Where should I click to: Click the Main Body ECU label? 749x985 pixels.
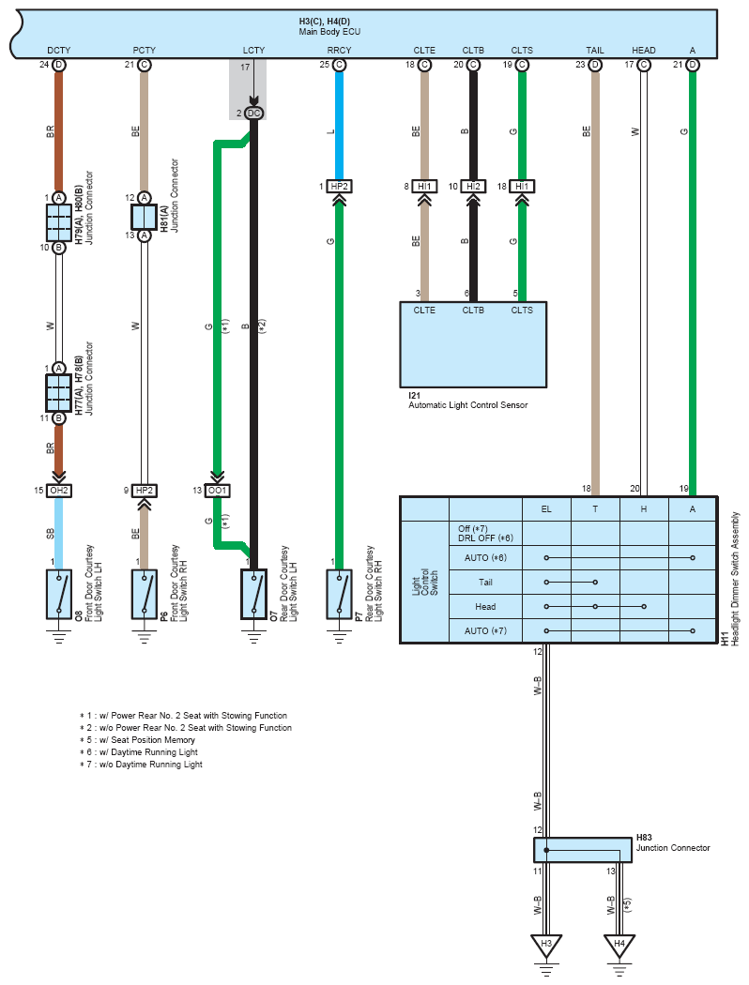click(329, 31)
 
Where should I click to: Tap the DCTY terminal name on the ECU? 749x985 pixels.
click(58, 51)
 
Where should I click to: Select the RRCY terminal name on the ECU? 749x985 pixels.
click(340, 51)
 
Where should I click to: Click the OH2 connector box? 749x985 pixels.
click(58, 490)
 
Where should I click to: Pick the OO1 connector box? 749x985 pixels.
click(218, 490)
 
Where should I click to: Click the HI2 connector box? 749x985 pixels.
click(473, 186)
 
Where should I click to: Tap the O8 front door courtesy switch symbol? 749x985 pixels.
click(59, 594)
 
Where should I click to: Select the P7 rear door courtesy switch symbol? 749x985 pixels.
click(340, 594)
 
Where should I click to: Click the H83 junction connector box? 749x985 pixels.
click(583, 850)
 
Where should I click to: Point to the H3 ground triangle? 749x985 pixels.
click(546, 945)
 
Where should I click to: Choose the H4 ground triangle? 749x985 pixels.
click(619, 945)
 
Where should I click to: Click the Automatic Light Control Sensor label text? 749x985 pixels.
click(468, 405)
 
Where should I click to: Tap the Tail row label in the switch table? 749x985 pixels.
click(485, 583)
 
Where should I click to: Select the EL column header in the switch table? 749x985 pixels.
click(546, 508)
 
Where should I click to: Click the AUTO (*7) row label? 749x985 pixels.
click(485, 630)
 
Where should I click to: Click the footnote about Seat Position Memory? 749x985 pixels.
click(138, 740)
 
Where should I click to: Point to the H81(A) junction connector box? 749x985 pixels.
click(144, 217)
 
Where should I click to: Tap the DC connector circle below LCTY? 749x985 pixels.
click(253, 114)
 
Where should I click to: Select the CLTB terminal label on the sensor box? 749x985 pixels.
click(473, 311)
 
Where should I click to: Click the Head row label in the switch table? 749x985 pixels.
click(485, 607)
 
